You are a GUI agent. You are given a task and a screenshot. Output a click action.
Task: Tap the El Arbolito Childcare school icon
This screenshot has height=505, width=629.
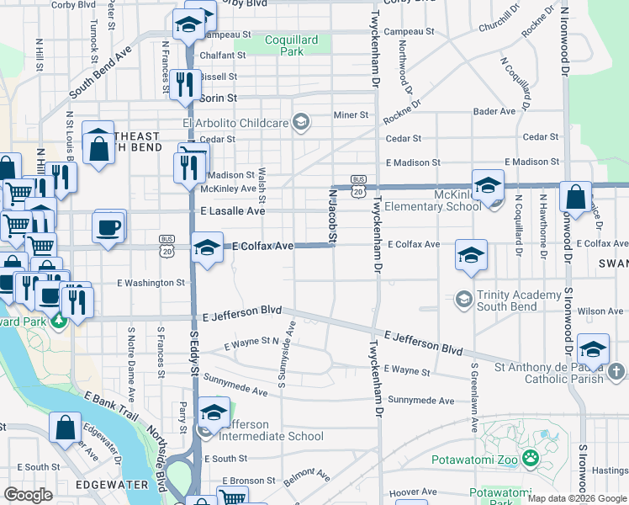click(x=300, y=123)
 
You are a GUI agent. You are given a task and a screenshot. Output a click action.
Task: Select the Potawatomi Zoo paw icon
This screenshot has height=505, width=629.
click(x=531, y=460)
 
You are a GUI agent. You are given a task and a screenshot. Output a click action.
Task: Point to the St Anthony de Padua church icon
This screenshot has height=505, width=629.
click(x=616, y=371)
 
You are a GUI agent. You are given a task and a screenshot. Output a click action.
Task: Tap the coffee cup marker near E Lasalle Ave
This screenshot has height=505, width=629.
click(x=109, y=227)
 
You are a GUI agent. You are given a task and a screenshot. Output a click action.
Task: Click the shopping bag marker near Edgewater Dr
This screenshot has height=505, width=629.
click(x=66, y=428)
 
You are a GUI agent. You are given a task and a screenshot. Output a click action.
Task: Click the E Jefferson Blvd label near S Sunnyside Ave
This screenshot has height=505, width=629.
click(x=242, y=311)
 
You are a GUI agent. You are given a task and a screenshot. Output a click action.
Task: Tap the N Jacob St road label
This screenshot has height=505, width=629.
click(x=332, y=218)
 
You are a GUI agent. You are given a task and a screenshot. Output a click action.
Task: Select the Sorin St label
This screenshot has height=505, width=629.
click(x=220, y=98)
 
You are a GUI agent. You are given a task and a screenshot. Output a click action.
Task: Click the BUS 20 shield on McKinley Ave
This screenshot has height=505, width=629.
click(x=358, y=186)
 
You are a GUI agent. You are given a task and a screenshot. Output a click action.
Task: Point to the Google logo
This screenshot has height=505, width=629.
click(x=28, y=495)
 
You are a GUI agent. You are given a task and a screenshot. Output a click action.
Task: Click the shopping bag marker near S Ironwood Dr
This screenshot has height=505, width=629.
click(x=576, y=198)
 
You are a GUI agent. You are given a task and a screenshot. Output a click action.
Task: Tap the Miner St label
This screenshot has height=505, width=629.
click(x=351, y=114)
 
